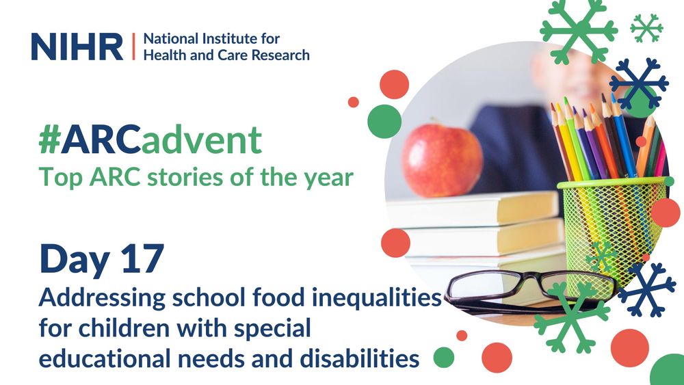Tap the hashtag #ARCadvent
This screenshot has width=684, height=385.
150,140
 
